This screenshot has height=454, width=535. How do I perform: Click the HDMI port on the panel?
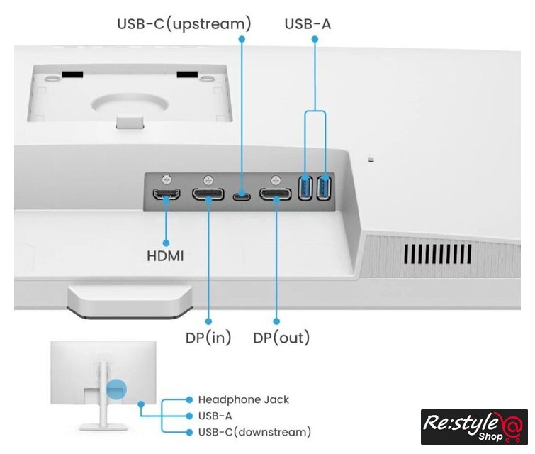click(167, 194)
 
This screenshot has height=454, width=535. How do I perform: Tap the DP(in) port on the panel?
click(209, 194)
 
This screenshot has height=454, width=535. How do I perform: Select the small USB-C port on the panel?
click(242, 194)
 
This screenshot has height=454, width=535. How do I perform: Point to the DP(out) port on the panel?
click(276, 194)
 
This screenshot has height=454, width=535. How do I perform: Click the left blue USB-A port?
click(306, 188)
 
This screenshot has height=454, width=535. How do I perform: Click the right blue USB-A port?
click(325, 188)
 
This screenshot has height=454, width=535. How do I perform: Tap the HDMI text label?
click(165, 255)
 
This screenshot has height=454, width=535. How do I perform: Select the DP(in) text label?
click(208, 338)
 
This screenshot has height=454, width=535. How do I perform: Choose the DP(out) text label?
click(281, 338)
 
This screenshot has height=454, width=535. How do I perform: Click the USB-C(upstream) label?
click(184, 24)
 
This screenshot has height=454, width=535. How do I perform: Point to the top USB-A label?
click(308, 24)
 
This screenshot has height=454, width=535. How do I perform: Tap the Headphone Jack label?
click(243, 399)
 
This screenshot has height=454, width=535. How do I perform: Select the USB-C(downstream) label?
click(254, 431)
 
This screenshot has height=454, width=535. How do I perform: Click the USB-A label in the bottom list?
click(215, 416)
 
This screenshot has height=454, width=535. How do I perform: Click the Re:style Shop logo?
click(473, 426)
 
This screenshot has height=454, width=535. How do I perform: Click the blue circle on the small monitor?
click(116, 389)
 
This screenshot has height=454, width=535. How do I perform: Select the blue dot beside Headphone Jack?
click(189, 399)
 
